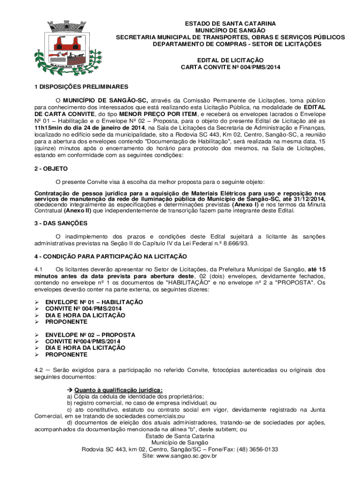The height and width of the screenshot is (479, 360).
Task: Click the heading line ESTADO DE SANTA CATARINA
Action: click(x=230, y=23)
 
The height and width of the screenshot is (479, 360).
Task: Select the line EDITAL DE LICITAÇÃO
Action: click(x=230, y=60)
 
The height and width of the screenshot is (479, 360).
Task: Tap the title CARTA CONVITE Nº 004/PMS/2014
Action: click(x=230, y=67)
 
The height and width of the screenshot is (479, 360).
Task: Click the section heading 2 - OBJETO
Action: click(x=51, y=168)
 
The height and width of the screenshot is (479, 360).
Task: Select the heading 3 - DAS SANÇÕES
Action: click(x=61, y=224)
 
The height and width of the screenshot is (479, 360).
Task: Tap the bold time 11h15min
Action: click(x=48, y=127)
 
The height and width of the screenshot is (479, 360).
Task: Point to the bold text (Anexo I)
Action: click(x=245, y=205)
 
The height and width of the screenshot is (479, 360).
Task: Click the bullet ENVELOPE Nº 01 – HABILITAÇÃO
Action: click(x=94, y=302)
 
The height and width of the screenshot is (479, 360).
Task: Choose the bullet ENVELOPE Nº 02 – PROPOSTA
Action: click(x=90, y=335)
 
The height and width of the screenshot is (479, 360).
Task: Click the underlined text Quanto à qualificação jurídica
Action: click(x=118, y=390)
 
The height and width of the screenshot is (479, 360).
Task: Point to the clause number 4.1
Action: click(x=39, y=269)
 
